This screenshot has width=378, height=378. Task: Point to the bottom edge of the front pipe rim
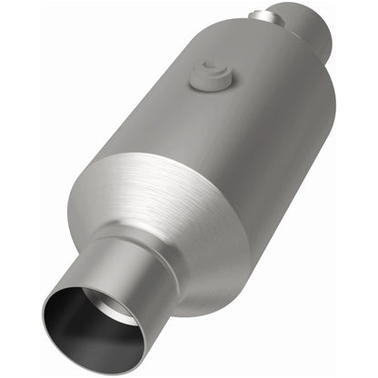pos(100,344)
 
